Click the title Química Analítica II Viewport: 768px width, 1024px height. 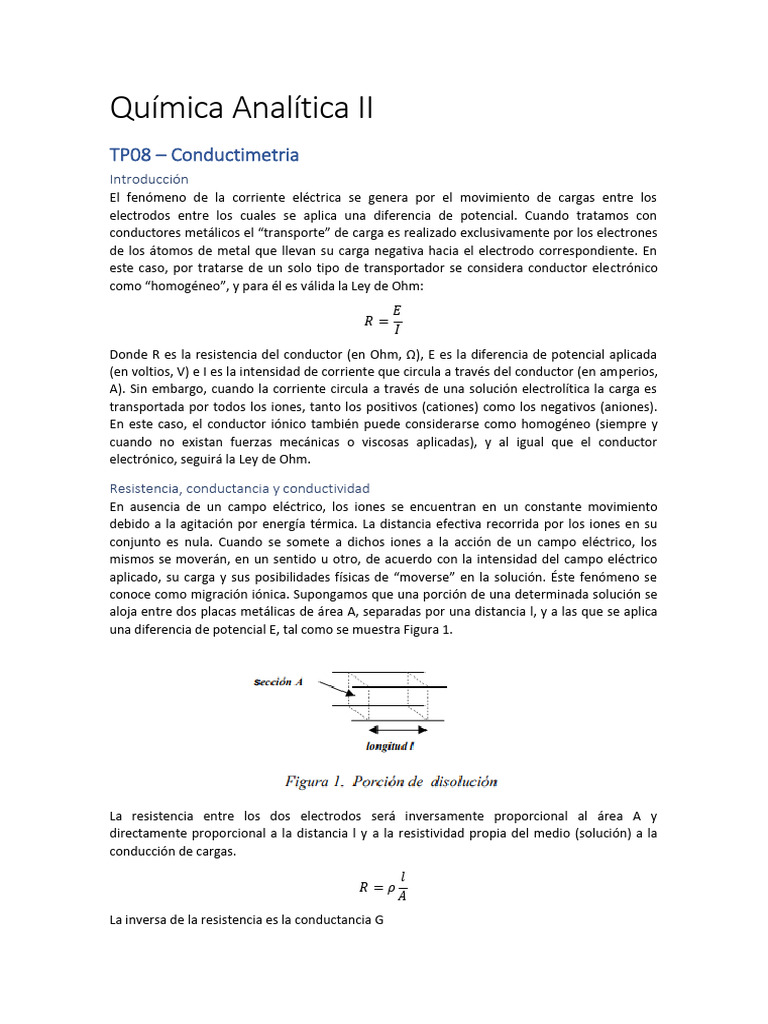pos(241,108)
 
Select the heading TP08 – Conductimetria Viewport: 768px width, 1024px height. pos(204,155)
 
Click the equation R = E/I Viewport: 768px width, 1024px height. pos(383,320)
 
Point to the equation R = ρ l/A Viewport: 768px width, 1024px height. pos(383,886)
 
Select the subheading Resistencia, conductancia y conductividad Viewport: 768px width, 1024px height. pos(239,488)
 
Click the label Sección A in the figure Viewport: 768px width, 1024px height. pos(277,682)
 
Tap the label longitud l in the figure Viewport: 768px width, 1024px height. pos(391,746)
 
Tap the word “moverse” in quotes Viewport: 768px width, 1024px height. pos(425,578)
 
